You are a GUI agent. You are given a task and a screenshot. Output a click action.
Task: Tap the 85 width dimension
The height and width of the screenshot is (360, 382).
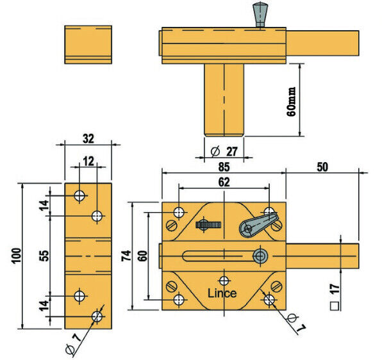(224, 165)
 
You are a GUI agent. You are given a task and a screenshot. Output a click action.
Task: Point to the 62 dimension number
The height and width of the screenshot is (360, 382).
(223, 181)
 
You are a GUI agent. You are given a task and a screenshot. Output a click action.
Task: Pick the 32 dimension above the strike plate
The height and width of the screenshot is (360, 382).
(88, 137)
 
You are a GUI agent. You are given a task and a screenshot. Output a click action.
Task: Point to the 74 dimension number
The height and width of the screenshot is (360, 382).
(126, 256)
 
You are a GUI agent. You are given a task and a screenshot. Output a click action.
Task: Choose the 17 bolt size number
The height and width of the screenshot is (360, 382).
(335, 286)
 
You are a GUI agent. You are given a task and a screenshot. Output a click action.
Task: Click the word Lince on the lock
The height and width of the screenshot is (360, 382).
(222, 293)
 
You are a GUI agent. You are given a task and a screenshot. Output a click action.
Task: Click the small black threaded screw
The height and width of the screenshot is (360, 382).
(210, 225)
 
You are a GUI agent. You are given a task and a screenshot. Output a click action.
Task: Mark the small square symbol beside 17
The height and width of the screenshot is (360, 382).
(335, 306)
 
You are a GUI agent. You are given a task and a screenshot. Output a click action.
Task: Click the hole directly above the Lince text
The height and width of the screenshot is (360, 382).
(224, 280)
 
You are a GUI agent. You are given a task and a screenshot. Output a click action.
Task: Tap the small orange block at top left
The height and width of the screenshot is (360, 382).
(88, 44)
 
